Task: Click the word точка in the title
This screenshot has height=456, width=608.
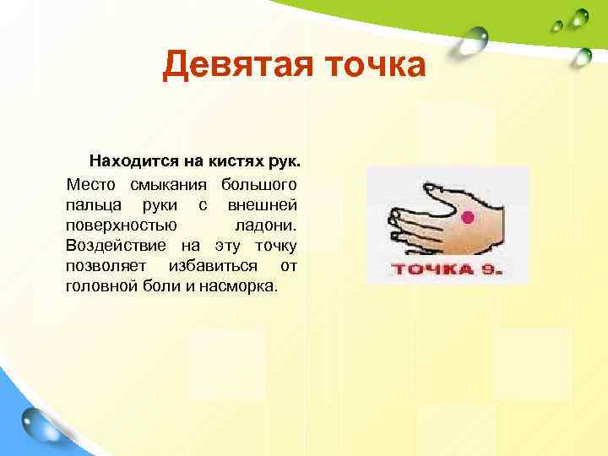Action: coord(374,65)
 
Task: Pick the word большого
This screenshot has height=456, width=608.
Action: coord(258,184)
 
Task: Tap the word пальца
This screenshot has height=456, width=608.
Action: coord(90,204)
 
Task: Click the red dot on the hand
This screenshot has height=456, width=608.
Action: coord(470,218)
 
